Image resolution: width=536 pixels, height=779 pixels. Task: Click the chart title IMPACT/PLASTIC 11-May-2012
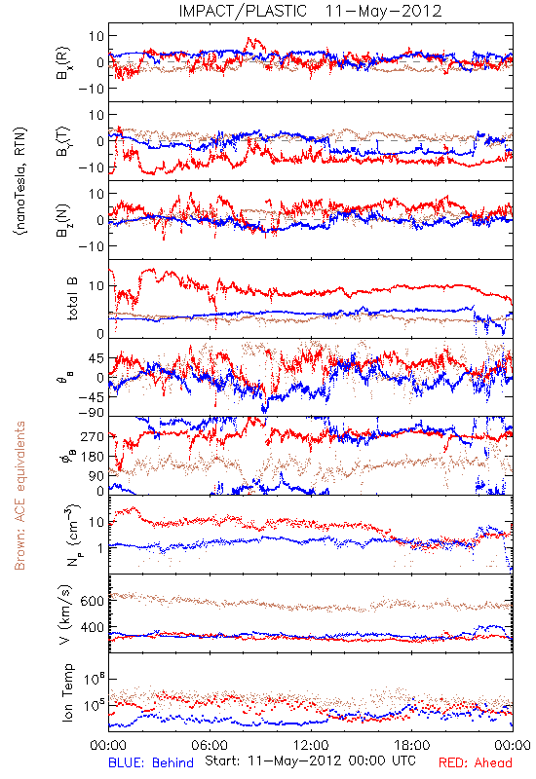[x=310, y=11]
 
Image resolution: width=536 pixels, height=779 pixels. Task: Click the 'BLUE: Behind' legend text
[x=151, y=763]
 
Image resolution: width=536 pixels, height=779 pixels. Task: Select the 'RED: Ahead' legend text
[x=476, y=763]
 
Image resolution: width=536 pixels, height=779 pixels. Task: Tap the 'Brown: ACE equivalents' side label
[x=19, y=496]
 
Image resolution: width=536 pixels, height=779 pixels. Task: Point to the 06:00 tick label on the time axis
[x=210, y=745]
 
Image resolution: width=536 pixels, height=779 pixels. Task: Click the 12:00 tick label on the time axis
[x=311, y=745]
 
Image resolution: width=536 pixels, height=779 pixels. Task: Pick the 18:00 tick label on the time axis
[x=412, y=745]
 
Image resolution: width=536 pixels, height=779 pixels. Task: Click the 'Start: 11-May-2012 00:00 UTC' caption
[x=310, y=761]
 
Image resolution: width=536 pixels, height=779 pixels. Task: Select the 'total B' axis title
[x=72, y=299]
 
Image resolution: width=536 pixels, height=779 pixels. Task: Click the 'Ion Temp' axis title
[x=67, y=692]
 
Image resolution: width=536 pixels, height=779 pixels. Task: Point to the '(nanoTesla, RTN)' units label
[x=21, y=181]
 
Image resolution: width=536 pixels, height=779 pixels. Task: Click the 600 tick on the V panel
[x=93, y=601]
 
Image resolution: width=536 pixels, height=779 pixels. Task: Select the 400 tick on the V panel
[x=93, y=627]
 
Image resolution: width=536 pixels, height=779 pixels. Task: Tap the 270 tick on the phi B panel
[x=93, y=436]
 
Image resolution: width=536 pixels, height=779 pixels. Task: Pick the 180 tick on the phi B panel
[x=93, y=457]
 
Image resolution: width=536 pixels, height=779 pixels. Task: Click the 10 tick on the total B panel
[x=96, y=286]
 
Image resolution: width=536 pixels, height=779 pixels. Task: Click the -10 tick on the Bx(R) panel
[x=91, y=89]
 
